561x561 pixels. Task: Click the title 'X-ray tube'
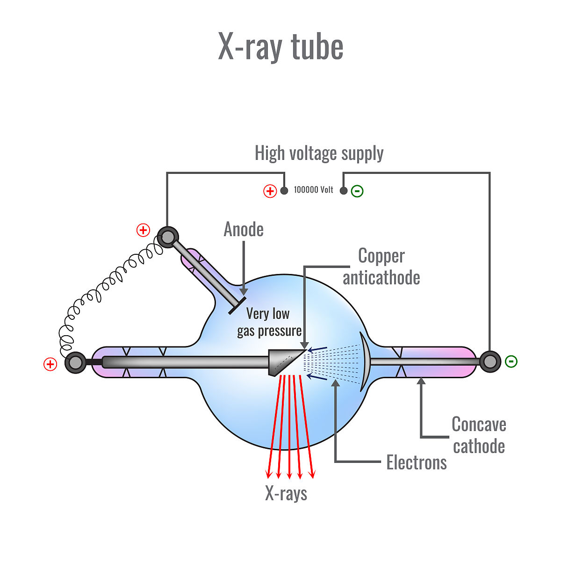click(x=280, y=47)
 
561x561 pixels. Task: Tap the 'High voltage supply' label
click(x=319, y=153)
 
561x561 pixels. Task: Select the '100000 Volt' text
click(x=313, y=190)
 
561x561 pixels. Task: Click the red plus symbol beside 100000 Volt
click(x=270, y=191)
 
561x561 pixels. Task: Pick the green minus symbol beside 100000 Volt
click(x=357, y=191)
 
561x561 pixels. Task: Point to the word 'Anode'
click(x=244, y=230)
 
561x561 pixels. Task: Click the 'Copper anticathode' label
click(x=381, y=266)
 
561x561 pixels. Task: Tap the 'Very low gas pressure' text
click(x=269, y=323)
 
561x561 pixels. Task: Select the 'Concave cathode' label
click(x=479, y=435)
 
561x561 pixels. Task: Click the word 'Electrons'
click(x=416, y=463)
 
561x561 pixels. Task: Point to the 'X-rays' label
click(x=286, y=494)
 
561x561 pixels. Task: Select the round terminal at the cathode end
click(x=490, y=361)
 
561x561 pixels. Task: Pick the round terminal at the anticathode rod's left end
click(x=75, y=362)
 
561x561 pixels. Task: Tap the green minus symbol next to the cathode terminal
click(x=511, y=361)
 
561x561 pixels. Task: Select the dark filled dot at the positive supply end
click(x=284, y=191)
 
